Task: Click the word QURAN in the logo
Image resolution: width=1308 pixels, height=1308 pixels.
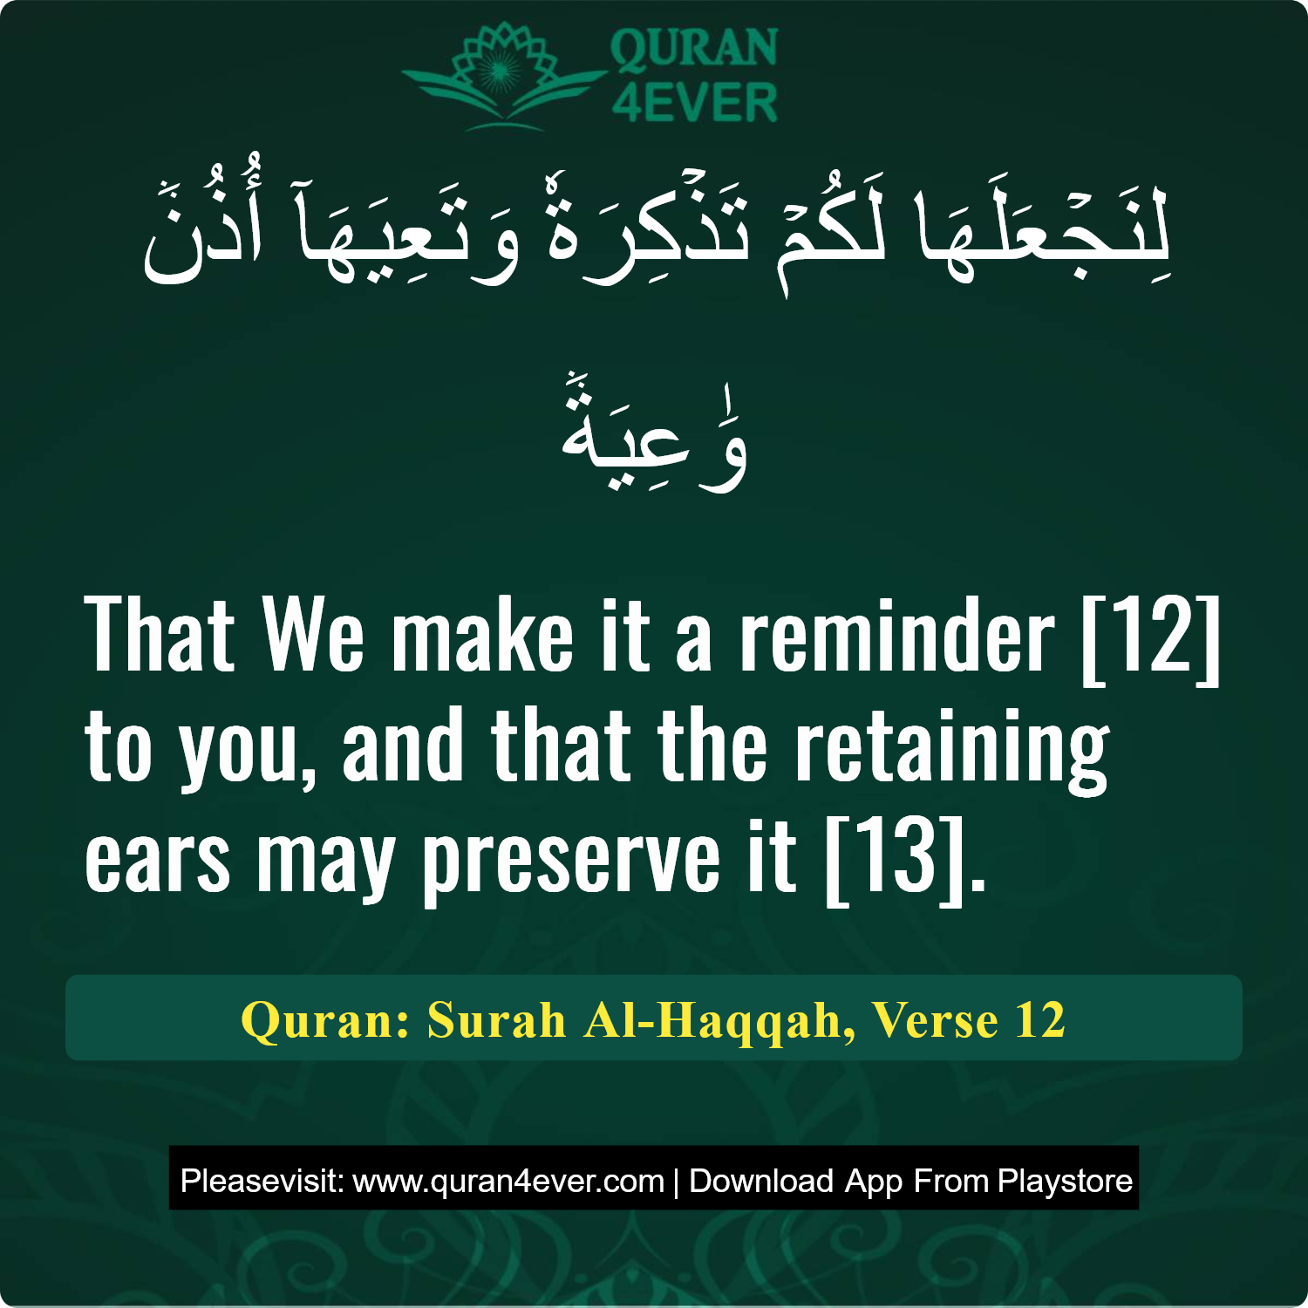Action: click(694, 48)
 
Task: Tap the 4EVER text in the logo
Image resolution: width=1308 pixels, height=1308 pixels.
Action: click(694, 103)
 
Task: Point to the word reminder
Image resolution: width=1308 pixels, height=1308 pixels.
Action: click(897, 637)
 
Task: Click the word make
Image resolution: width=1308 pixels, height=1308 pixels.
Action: click(482, 637)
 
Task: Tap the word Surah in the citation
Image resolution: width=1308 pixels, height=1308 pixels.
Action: click(496, 1019)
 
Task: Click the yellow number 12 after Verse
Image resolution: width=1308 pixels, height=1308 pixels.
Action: click(1039, 1019)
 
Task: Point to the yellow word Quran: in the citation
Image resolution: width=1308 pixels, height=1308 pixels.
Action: click(325, 1019)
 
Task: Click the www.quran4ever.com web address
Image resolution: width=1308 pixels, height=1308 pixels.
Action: click(508, 1181)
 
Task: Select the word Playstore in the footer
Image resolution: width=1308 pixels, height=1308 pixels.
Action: click(1065, 1181)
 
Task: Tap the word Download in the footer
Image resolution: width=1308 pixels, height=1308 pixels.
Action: click(761, 1181)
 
